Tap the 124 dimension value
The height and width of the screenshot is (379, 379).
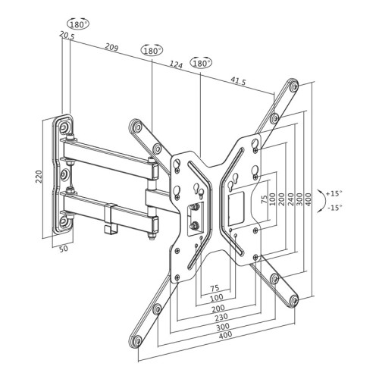click(x=176, y=65)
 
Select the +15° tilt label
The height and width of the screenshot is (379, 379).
click(x=334, y=193)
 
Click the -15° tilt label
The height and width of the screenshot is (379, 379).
click(x=334, y=206)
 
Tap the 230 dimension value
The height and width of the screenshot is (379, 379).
click(x=221, y=318)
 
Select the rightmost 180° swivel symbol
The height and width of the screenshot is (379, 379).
click(x=202, y=63)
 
